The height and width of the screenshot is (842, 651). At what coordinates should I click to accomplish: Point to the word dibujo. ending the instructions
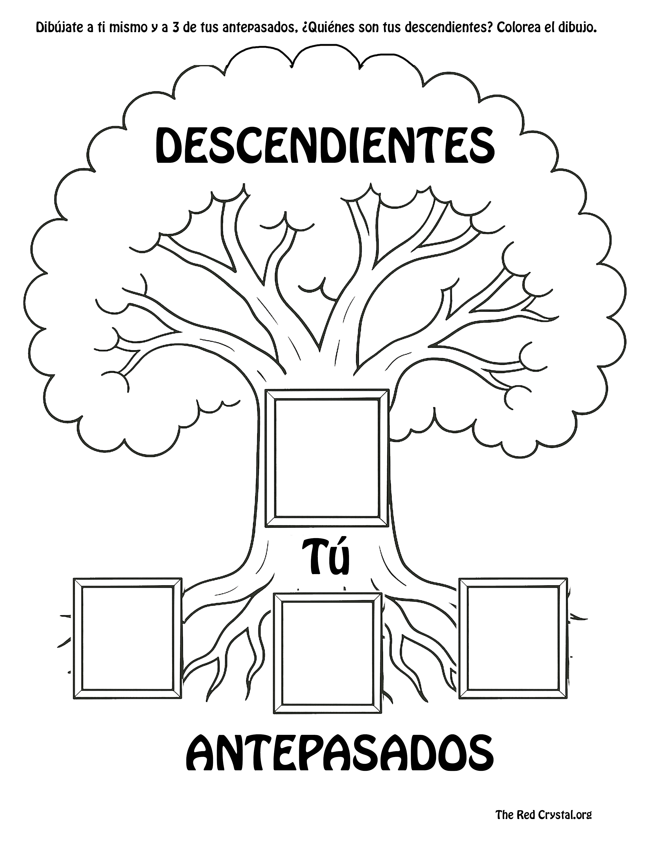(x=575, y=28)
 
